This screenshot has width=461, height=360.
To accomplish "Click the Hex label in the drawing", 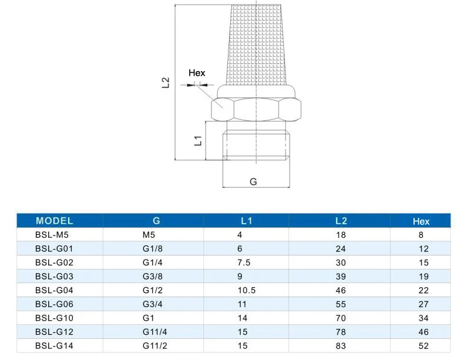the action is point(197,73).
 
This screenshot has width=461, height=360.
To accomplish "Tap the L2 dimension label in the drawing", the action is point(166,83).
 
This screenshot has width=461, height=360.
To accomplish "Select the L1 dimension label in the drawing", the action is point(198,140).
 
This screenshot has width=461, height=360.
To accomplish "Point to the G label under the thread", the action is point(253,182).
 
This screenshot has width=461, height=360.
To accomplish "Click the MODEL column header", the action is point(55,221).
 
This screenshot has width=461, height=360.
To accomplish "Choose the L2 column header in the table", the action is point(341,221).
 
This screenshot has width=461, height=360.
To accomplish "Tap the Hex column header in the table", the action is point(421,221).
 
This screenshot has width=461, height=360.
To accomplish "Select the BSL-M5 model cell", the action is point(52,235).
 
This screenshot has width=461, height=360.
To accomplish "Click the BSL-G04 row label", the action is point(54,290).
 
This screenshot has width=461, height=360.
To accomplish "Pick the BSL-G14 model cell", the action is point(54,345).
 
